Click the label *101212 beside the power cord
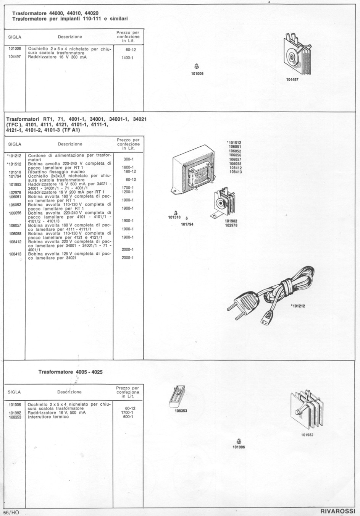tap(298, 306)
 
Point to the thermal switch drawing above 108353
tap(177, 396)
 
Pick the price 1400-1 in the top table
tap(127, 58)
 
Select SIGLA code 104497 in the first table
tap(15, 57)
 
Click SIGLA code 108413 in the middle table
tap(15, 254)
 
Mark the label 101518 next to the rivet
tap(174, 217)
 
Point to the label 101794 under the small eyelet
tap(187, 224)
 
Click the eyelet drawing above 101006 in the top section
tap(197, 66)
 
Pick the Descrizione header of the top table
tap(70, 37)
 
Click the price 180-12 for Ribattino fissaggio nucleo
tap(129, 171)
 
